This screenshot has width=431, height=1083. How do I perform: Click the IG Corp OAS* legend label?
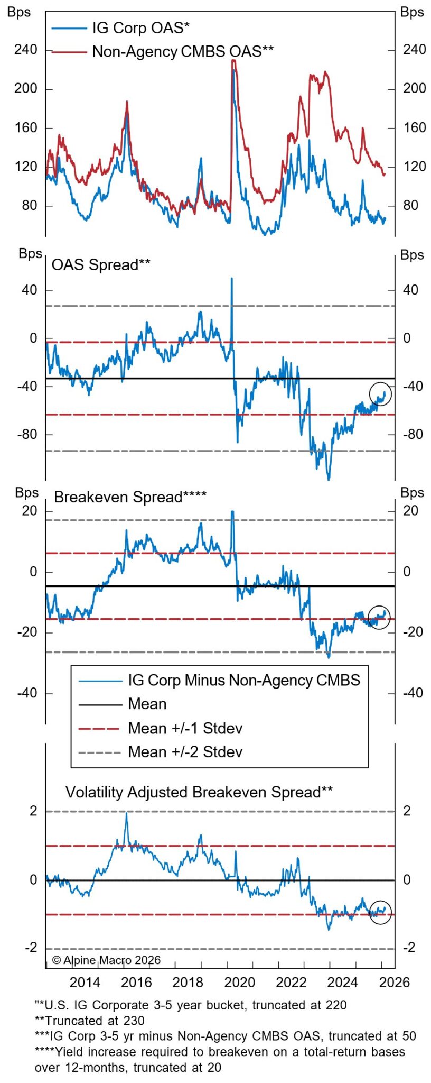(140, 27)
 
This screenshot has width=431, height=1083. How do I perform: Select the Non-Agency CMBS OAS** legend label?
(183, 51)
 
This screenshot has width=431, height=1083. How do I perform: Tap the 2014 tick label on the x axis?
(85, 982)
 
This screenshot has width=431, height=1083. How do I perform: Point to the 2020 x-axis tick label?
(239, 982)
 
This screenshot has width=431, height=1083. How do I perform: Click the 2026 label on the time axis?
(394, 982)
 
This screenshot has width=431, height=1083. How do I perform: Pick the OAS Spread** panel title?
(100, 264)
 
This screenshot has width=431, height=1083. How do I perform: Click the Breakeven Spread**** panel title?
(130, 497)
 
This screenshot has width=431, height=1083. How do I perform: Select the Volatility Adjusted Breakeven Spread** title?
(199, 792)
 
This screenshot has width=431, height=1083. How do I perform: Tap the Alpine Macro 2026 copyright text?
(106, 960)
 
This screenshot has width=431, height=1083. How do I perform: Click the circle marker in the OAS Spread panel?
(380, 394)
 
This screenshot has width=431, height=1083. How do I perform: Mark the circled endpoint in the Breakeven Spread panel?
(379, 617)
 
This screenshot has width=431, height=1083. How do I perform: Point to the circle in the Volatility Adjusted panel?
(380, 912)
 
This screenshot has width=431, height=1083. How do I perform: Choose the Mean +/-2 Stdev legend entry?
(185, 751)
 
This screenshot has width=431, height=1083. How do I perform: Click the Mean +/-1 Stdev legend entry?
(185, 728)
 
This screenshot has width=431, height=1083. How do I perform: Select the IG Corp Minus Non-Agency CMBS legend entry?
(243, 680)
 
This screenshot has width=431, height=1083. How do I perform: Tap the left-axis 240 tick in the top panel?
(26, 50)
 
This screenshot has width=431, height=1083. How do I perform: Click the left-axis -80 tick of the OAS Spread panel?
(27, 434)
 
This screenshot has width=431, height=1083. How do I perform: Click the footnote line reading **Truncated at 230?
(89, 1020)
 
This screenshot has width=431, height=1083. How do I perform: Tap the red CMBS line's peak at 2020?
(233, 61)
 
